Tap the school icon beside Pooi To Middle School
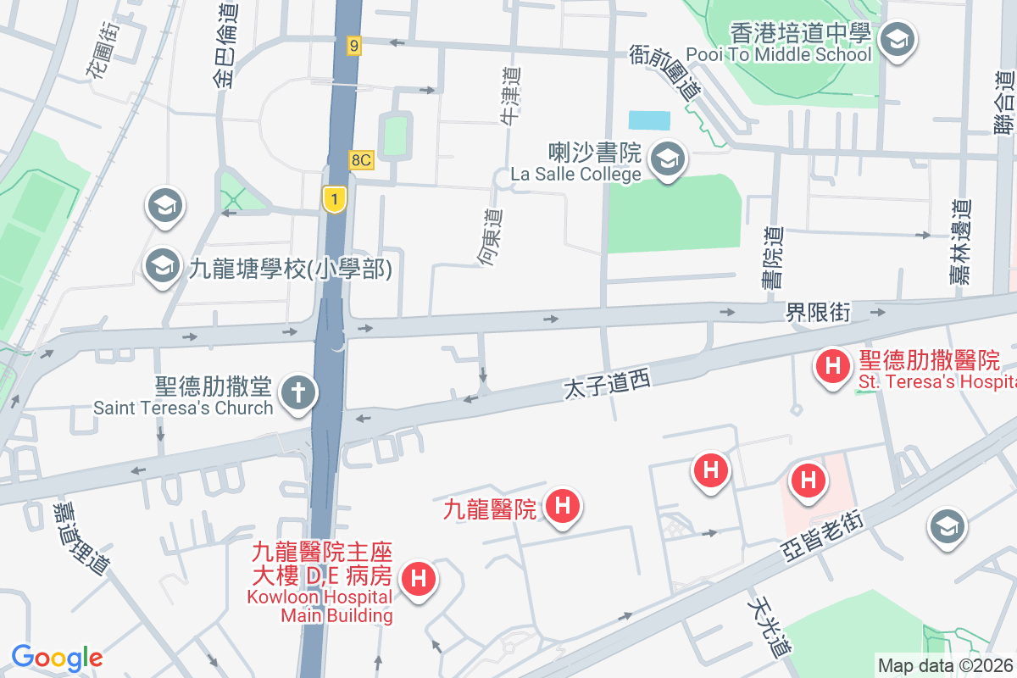(x=896, y=39)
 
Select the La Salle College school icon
(x=669, y=158)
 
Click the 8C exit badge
(x=361, y=159)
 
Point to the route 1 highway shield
(x=335, y=200)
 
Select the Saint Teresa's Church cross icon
(x=298, y=392)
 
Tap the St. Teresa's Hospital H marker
(x=832, y=367)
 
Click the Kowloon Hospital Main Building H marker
(x=417, y=580)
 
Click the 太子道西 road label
(x=607, y=385)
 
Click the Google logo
(x=58, y=658)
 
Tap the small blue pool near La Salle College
(x=649, y=120)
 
